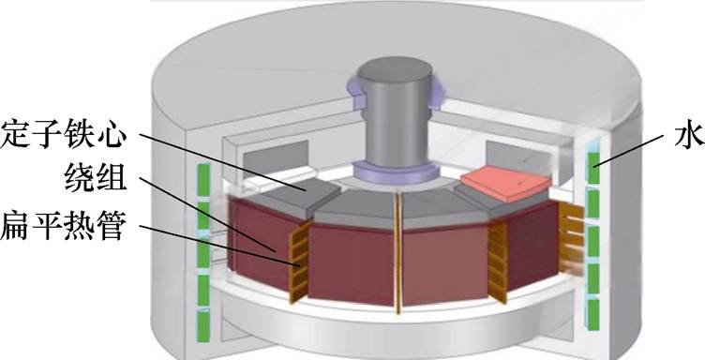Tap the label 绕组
[x=96, y=178]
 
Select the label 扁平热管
[x=62, y=225]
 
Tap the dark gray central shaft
[x=396, y=112]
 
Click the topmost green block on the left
[x=203, y=179]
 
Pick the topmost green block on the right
[x=593, y=168]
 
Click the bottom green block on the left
[x=203, y=327]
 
